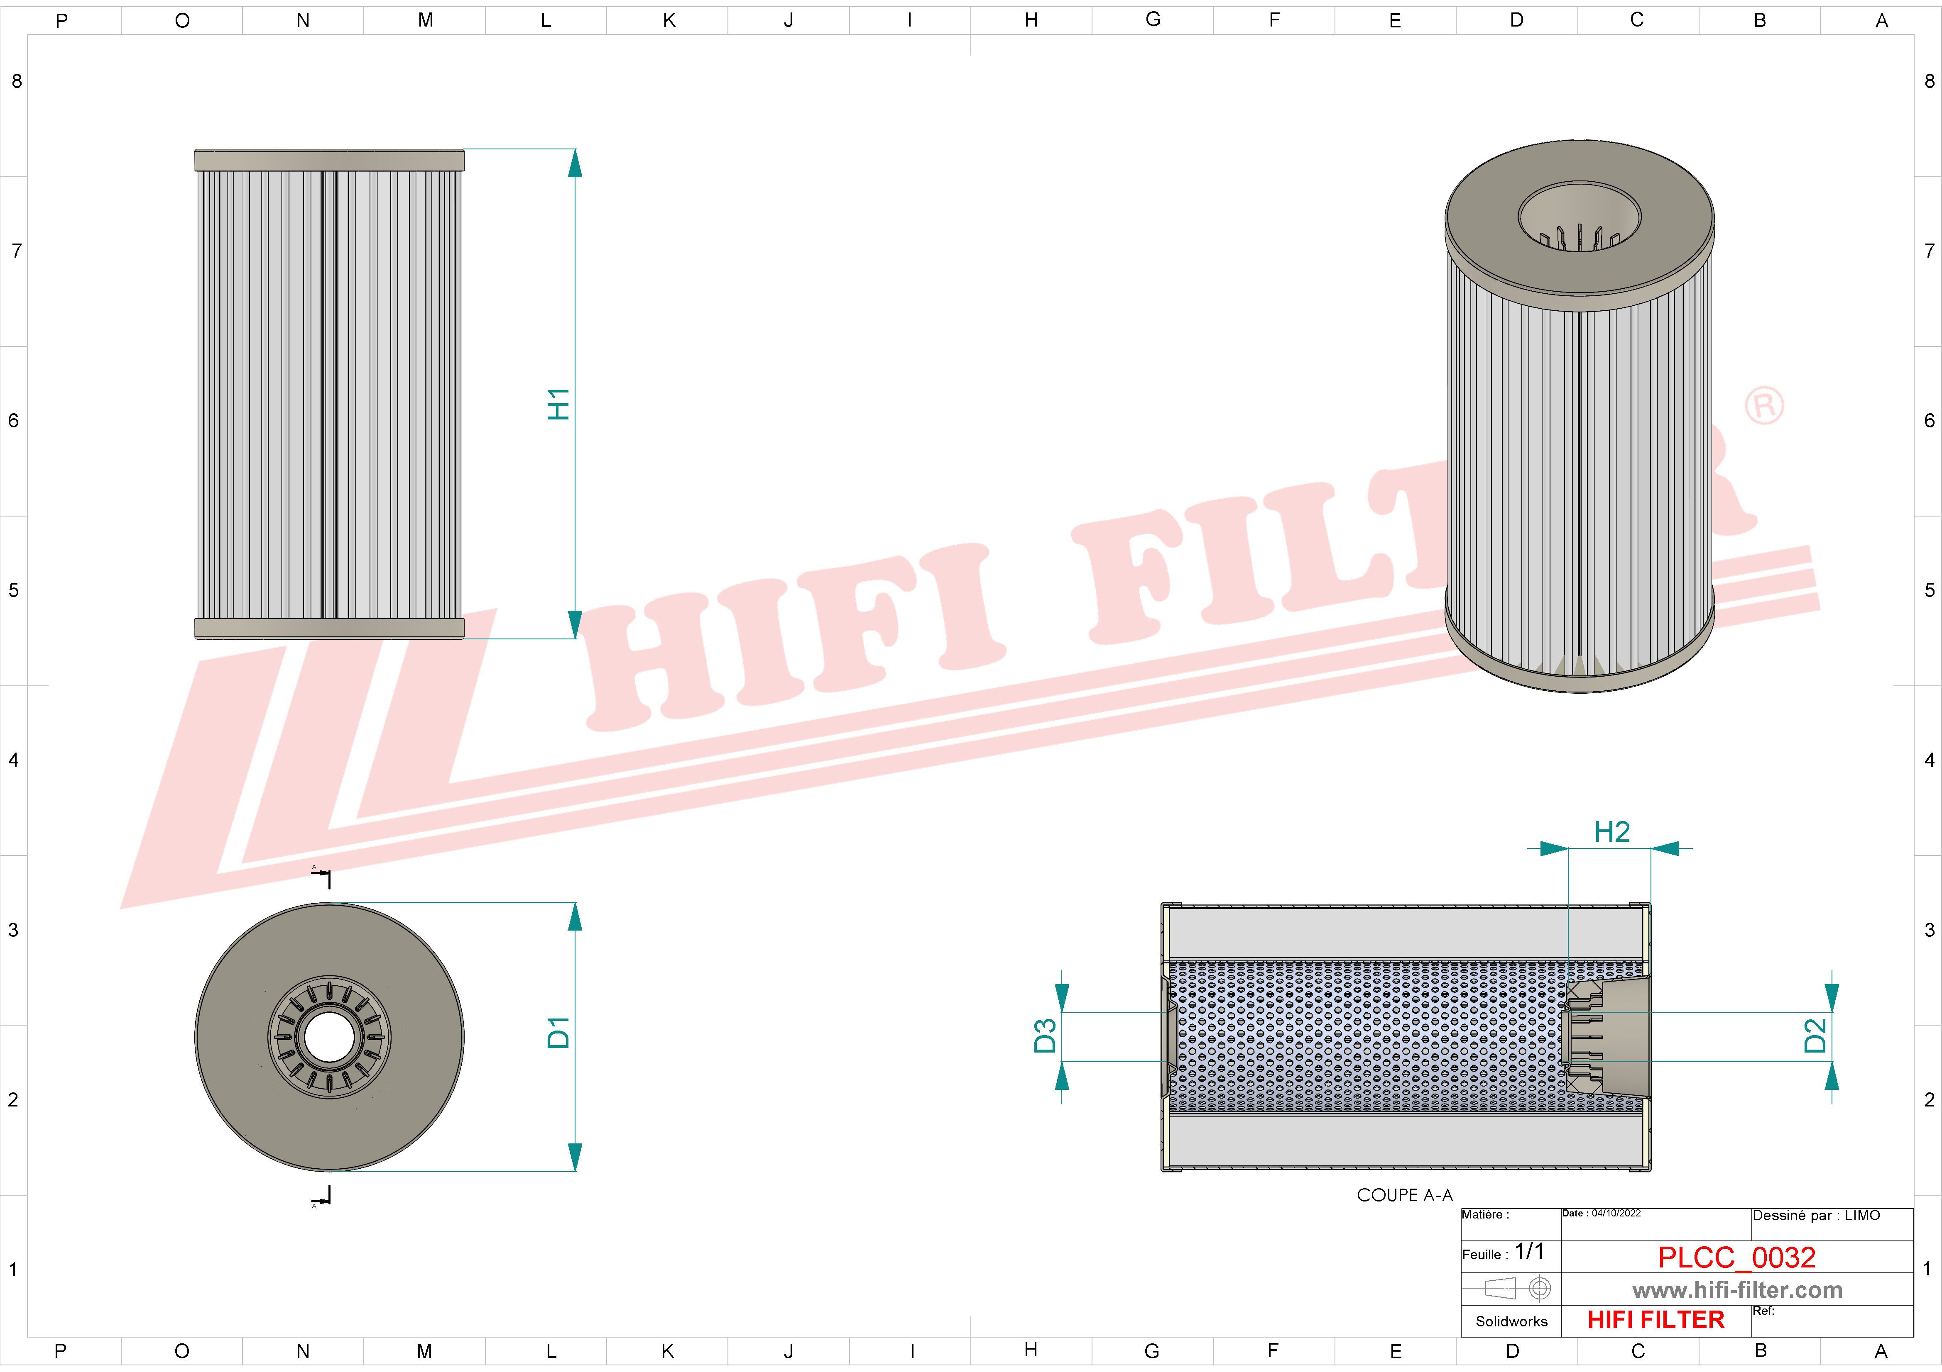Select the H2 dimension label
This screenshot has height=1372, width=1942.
click(x=1611, y=832)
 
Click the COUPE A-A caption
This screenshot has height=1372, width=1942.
click(x=1404, y=1194)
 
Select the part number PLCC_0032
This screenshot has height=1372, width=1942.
click(x=1736, y=1257)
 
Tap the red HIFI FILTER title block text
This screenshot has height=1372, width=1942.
click(x=1655, y=1320)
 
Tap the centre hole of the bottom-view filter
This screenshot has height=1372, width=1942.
click(x=329, y=1037)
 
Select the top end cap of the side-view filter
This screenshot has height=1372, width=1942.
click(x=329, y=160)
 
